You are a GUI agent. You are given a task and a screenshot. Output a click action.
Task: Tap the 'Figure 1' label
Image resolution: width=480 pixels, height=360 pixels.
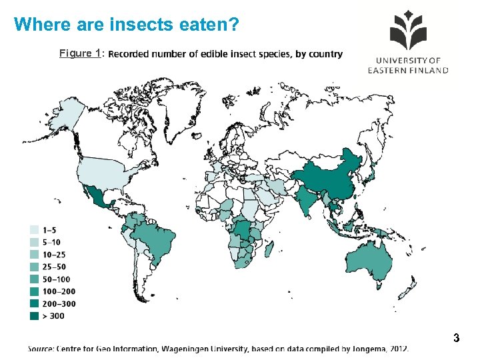click(x=79, y=53)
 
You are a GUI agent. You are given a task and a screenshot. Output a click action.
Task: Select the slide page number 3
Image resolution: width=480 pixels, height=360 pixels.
click(x=456, y=338)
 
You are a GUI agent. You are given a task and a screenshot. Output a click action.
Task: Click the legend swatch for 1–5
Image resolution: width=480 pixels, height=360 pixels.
click(x=34, y=229)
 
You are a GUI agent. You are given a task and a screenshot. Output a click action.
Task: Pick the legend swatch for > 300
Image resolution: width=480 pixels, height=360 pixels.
click(x=34, y=315)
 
